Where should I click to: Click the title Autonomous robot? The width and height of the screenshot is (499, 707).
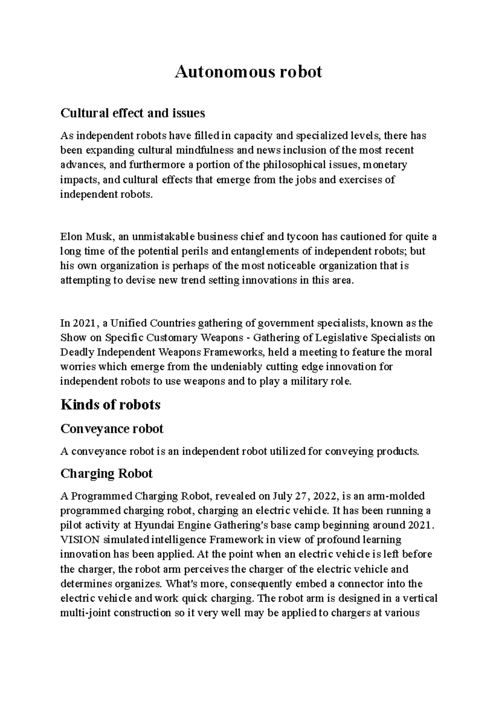pos(248,72)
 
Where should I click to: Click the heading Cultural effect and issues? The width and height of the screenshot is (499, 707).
pos(133,113)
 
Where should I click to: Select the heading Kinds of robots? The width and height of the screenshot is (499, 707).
pos(110,404)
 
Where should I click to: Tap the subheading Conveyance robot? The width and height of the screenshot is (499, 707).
pos(112,428)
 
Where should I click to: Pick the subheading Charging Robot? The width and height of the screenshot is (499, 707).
pos(106,473)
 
